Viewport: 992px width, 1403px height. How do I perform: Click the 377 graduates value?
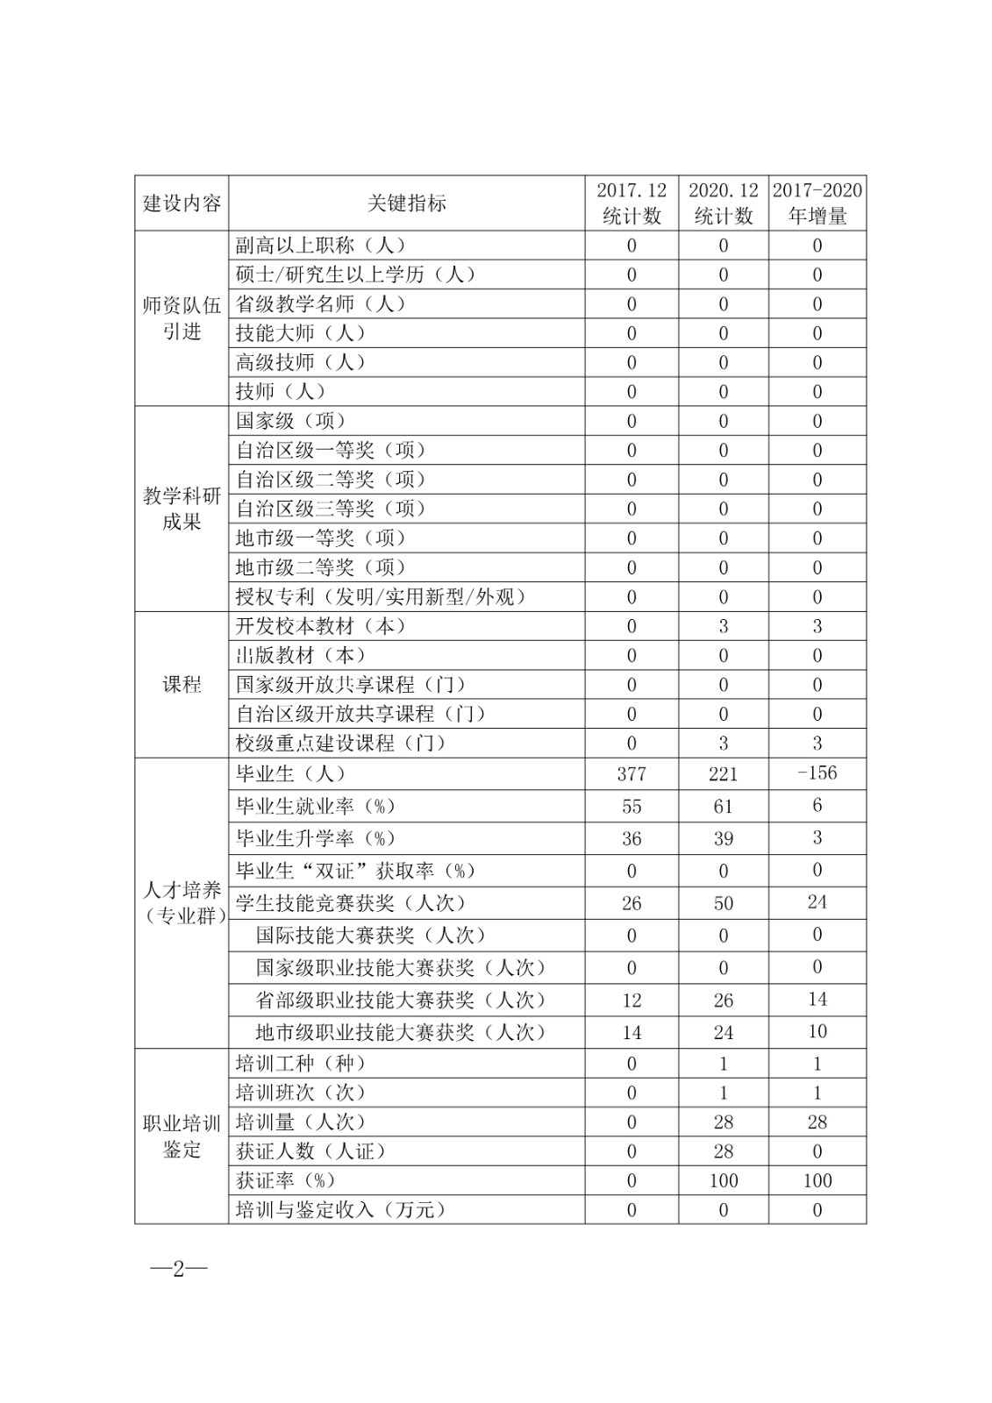pyautogui.click(x=631, y=773)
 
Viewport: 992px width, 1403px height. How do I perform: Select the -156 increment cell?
pyautogui.click(x=817, y=773)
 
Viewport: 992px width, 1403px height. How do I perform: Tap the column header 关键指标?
pyautogui.click(x=406, y=203)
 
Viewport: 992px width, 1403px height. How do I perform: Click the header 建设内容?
pyautogui.click(x=182, y=203)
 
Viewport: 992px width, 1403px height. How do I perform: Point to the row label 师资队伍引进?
pyautogui.click(x=182, y=318)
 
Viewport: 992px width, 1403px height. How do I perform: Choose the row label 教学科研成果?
pyautogui.click(x=182, y=509)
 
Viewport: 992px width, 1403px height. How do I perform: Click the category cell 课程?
pyautogui.click(x=182, y=685)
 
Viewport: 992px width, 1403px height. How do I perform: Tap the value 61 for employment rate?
pyautogui.click(x=723, y=807)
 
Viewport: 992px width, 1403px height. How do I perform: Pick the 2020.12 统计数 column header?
pyautogui.click(x=723, y=203)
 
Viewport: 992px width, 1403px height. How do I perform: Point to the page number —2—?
pyautogui.click(x=178, y=1269)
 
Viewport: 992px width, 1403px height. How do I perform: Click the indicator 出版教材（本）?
pyautogui.click(x=301, y=655)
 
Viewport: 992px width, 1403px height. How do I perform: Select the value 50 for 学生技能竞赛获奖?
pyautogui.click(x=723, y=903)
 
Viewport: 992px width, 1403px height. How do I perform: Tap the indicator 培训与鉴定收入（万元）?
pyautogui.click(x=341, y=1210)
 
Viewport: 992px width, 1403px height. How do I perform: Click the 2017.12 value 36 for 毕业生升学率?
pyautogui.click(x=631, y=838)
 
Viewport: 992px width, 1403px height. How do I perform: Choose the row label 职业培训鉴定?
pyautogui.click(x=182, y=1136)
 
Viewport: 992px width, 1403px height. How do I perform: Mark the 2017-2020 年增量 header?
pyautogui.click(x=817, y=203)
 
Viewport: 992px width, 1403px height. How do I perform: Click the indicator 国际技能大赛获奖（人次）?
pyautogui.click(x=371, y=936)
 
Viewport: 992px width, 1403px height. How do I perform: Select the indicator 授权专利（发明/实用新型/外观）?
pyautogui.click(x=382, y=597)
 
